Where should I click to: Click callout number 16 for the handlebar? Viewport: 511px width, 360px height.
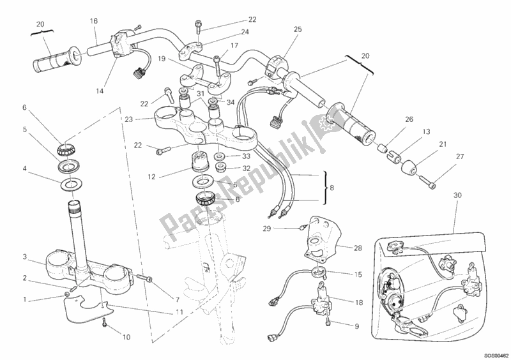[x=94, y=20]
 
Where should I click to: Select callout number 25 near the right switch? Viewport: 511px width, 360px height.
[x=297, y=29]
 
